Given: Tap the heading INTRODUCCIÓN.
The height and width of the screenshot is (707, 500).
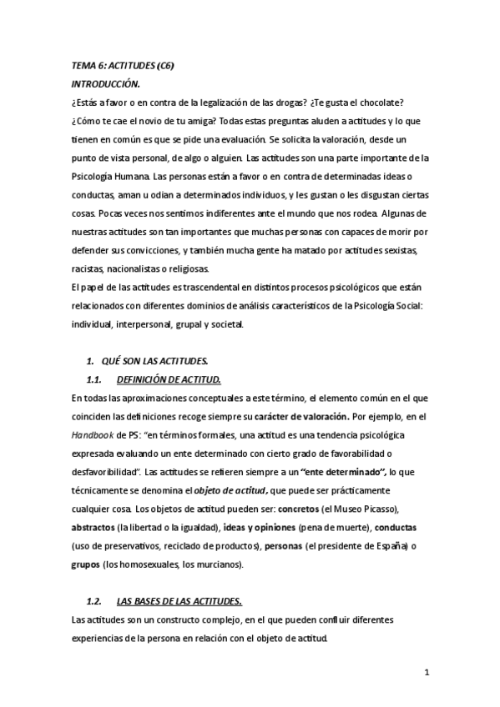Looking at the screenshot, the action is (106, 84).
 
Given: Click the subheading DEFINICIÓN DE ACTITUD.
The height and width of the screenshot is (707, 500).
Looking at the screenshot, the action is (169, 379).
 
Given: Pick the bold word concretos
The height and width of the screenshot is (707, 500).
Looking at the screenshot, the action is (302, 509).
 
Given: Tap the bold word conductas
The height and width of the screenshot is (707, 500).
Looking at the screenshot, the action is (396, 528).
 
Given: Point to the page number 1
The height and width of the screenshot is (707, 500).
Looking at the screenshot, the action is (427, 673).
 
